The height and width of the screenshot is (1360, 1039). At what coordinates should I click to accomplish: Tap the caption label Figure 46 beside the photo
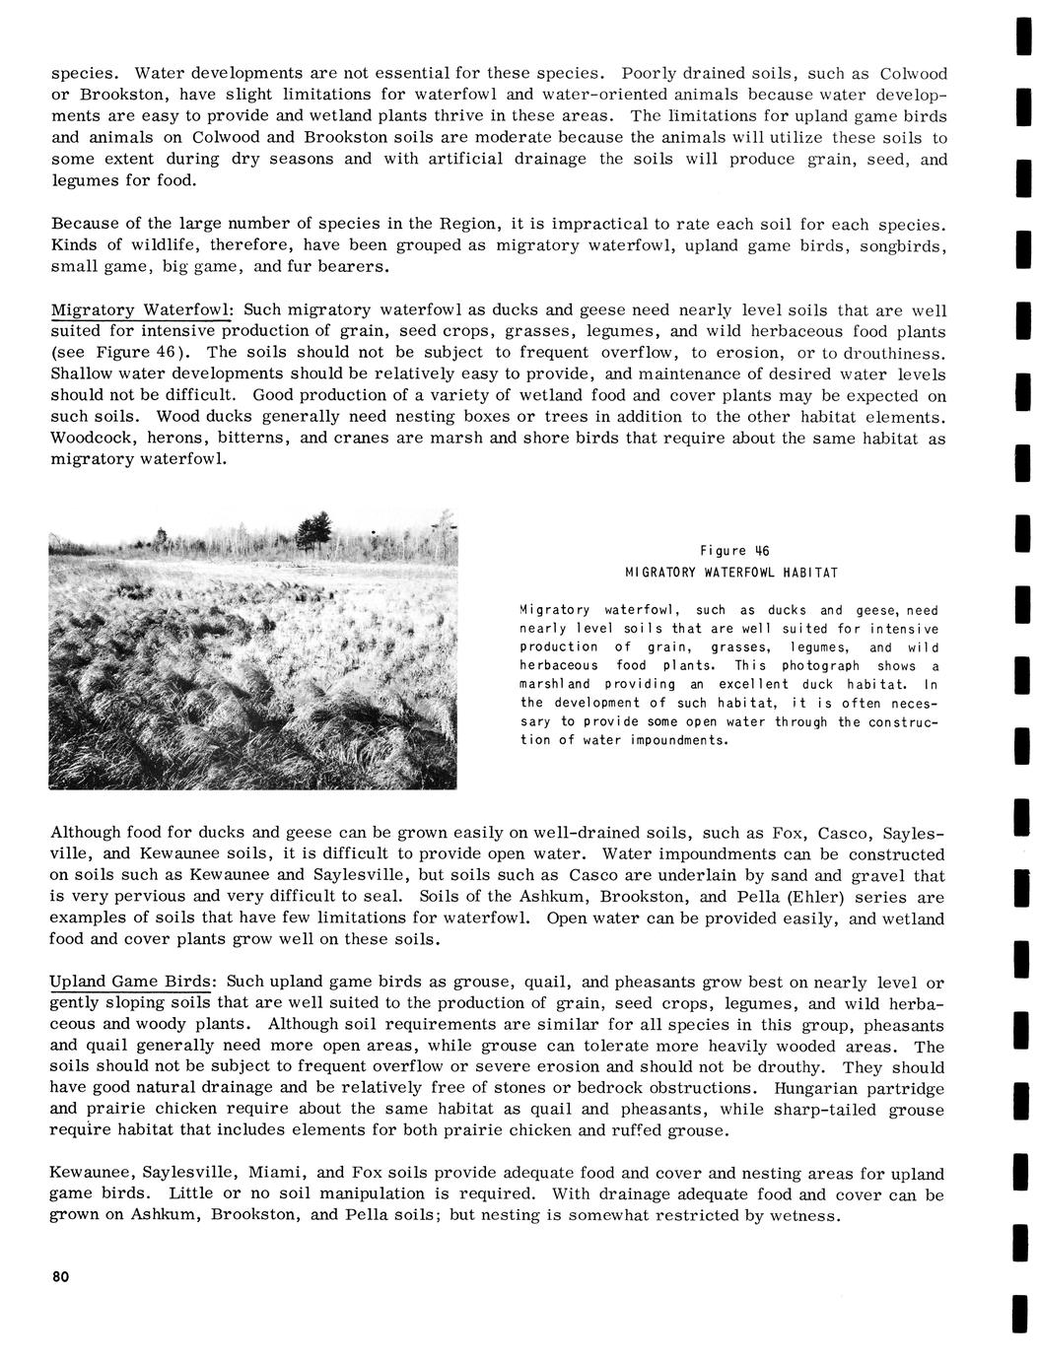coord(732,551)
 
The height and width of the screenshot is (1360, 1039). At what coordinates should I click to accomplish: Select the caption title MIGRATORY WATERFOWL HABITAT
coord(731,573)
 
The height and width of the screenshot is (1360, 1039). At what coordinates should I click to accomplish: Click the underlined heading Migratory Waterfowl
coord(140,310)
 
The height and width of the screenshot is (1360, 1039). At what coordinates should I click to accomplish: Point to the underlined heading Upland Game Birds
coord(131,982)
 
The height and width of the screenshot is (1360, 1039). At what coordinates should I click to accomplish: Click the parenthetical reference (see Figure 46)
coord(122,353)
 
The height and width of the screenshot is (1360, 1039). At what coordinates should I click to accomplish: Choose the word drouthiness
coord(896,353)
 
